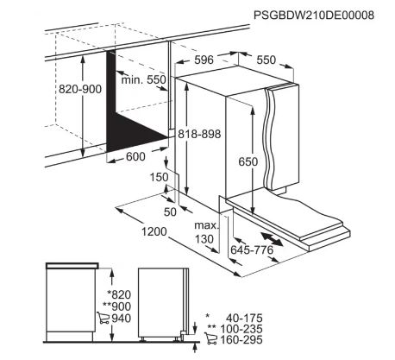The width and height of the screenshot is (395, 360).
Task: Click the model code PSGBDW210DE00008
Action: (314, 16)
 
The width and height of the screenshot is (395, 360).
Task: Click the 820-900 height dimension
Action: (80, 89)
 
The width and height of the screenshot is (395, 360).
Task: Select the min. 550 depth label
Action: (144, 79)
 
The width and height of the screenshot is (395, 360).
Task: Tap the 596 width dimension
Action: (204, 60)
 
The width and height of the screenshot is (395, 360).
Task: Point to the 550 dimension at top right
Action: (266, 60)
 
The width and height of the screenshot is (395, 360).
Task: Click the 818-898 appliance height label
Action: (199, 134)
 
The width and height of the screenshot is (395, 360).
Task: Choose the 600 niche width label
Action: (135, 156)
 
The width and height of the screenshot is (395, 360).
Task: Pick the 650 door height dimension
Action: (248, 161)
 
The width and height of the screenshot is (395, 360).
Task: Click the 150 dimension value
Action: (159, 177)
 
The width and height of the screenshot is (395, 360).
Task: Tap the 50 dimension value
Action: (170, 212)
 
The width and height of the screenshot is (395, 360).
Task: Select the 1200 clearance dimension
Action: (154, 231)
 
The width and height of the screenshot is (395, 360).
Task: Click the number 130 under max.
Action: (204, 239)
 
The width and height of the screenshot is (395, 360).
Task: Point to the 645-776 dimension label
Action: (252, 249)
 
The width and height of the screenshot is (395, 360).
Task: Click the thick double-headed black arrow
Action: (272, 239)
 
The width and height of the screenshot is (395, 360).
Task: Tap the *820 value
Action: (119, 294)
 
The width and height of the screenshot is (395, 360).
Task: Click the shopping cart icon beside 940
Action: (103, 318)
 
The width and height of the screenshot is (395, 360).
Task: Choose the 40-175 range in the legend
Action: (244, 318)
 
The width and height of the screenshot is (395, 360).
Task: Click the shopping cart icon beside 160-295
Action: (210, 338)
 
